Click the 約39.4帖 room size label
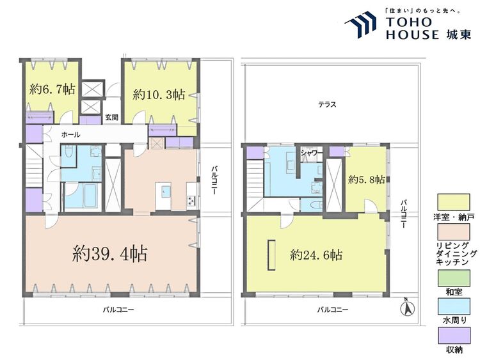[x=110, y=254]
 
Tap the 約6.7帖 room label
[x=52, y=89]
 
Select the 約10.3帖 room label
[x=159, y=95]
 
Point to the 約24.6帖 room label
[x=316, y=254]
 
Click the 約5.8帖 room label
[x=366, y=180]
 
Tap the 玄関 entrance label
[x=112, y=118]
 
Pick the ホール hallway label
[x=70, y=134]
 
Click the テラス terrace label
[x=327, y=105]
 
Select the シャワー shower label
[x=312, y=153]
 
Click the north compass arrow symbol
[x=408, y=308]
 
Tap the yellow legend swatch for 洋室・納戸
[x=454, y=203]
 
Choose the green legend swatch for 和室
[x=454, y=278]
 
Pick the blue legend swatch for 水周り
[x=454, y=307]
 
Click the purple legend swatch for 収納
[x=454, y=336]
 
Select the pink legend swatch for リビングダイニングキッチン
[x=454, y=232]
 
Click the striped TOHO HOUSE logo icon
[x=360, y=24]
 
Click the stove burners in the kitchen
[x=191, y=201]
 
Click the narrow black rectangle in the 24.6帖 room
[x=271, y=254]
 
